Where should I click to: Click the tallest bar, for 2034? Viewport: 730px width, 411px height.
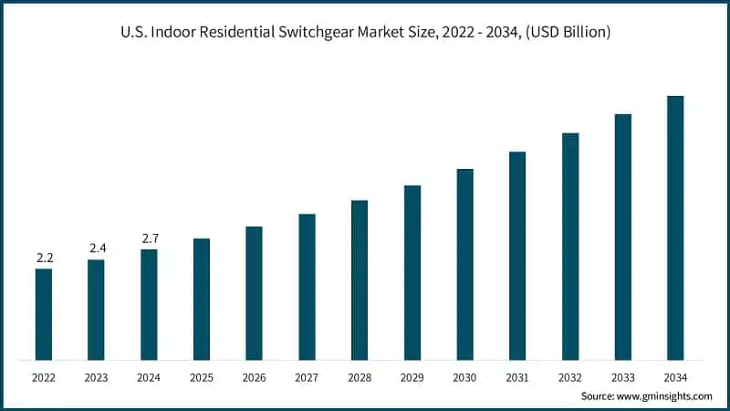coord(675,227)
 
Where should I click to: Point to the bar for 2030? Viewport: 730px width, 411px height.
coord(464,264)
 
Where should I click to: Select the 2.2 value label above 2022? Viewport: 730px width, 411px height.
coord(44,258)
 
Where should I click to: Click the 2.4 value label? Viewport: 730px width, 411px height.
coord(97,248)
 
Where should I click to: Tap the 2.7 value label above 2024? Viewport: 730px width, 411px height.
coord(150,238)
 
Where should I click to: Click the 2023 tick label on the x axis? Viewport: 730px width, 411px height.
coord(97,376)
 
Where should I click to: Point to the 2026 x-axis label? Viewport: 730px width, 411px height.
coord(255,376)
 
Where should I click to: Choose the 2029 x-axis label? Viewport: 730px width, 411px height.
coord(412,376)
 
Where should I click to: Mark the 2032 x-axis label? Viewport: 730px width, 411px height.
coord(570,376)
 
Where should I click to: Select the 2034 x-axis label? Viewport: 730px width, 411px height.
coord(675,376)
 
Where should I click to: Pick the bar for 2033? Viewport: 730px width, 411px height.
coord(623,237)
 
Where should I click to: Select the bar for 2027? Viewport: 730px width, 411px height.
coord(307,287)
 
